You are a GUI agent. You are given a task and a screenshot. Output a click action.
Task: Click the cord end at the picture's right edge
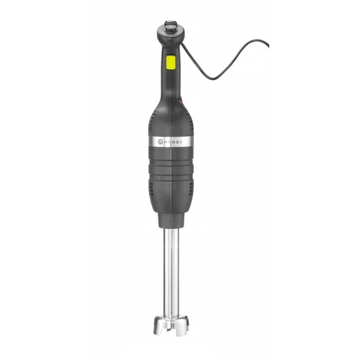pyautogui.click(x=267, y=45)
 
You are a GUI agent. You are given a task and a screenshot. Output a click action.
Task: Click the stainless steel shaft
pyautogui.click(x=173, y=274)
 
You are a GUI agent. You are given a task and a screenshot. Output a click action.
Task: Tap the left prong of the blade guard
pyautogui.click(x=157, y=331)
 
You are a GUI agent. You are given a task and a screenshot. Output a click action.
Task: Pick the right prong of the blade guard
pyautogui.click(x=189, y=331)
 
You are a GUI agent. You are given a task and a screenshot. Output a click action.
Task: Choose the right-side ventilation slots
pyautogui.click(x=191, y=180)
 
